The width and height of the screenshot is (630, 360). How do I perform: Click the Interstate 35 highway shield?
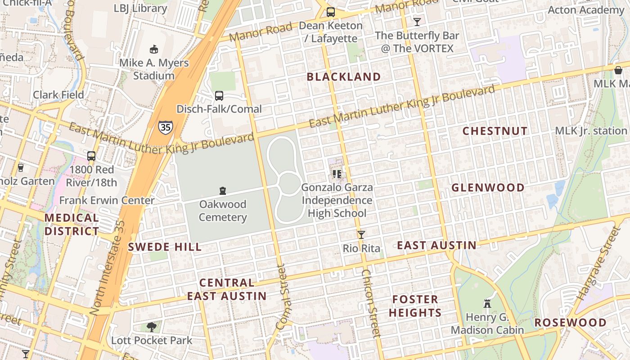point(165,127)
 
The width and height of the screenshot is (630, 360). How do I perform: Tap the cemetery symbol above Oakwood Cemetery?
point(222,191)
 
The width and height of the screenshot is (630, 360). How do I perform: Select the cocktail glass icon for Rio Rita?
point(361,235)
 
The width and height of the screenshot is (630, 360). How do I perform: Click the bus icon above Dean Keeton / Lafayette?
point(331,12)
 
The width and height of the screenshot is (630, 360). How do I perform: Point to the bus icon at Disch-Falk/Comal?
point(219,95)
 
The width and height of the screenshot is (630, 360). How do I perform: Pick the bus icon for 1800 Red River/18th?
point(91,156)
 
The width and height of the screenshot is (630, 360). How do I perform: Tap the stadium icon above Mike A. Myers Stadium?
point(153,49)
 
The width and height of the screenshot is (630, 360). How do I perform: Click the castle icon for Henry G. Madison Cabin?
point(487,303)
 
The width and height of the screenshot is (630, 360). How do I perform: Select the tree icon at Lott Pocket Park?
point(152,327)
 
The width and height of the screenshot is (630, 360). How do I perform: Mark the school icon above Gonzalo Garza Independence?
point(337,174)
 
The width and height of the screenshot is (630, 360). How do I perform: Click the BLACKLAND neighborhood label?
point(344,77)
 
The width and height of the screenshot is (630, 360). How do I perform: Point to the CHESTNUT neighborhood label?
point(495,131)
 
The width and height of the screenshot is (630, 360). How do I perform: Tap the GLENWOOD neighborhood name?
point(488,188)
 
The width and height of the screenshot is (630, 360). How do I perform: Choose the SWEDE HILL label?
point(165,247)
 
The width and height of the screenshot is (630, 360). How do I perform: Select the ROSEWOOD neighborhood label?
point(570,323)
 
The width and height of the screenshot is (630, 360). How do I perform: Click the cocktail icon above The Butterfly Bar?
point(417,22)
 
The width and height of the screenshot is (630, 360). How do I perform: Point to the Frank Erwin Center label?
point(107,200)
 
